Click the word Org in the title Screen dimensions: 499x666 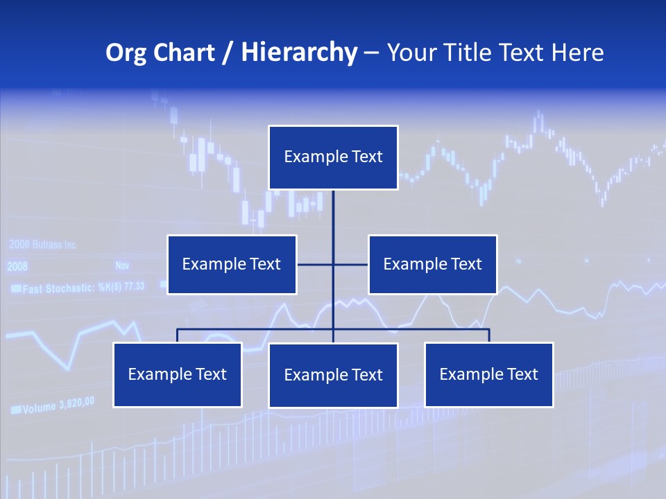(126, 53)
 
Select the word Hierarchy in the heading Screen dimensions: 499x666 (299, 53)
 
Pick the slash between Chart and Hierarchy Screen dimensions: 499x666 (227, 53)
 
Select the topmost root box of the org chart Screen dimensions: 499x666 (333, 157)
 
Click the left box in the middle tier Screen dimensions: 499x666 (232, 265)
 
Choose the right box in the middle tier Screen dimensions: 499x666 (432, 265)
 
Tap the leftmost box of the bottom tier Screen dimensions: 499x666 (177, 375)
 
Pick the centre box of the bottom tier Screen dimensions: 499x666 (333, 376)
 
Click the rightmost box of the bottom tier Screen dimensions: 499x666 (488, 375)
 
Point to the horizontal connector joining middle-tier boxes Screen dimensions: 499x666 (350, 264)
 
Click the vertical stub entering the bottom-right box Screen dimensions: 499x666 (489, 335)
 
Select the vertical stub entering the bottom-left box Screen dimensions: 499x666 (177, 335)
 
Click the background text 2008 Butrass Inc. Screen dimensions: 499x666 (43, 245)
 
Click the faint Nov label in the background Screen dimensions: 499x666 (122, 265)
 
